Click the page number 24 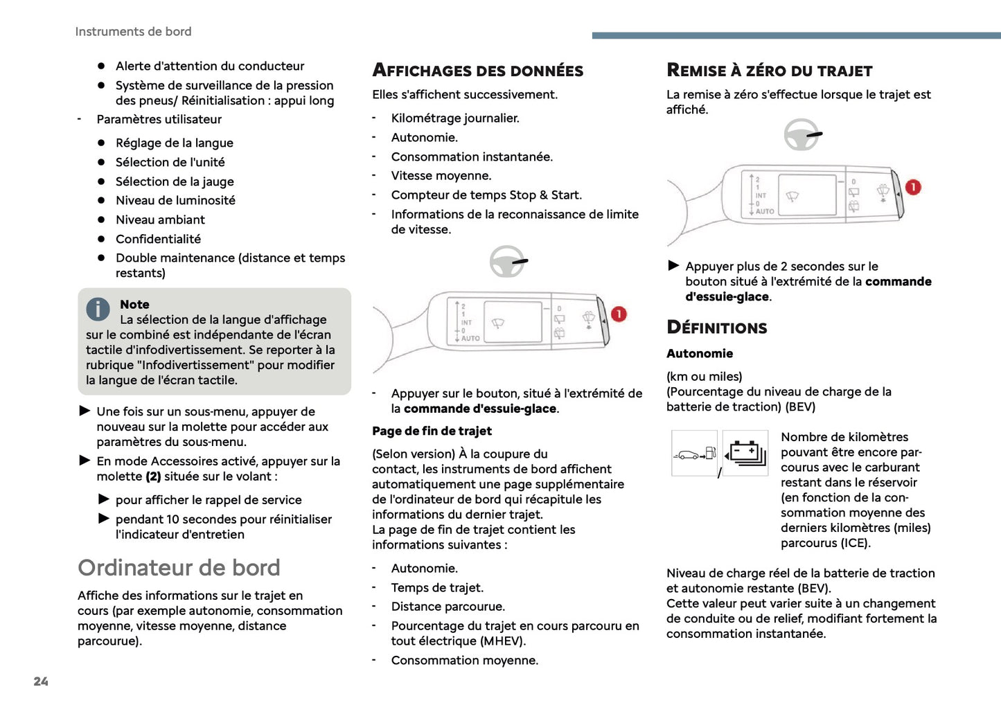(41, 681)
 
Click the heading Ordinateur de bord (179, 568)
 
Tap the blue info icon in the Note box (98, 309)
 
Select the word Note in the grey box (134, 305)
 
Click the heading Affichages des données (478, 71)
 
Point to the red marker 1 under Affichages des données (619, 314)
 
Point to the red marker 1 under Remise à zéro (913, 188)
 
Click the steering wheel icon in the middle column (508, 262)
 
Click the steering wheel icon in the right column (801, 134)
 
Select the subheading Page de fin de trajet (432, 431)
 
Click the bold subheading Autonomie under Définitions (700, 354)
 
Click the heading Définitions (717, 328)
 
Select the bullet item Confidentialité (158, 239)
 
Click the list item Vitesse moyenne (441, 176)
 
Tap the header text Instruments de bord (133, 32)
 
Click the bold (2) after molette (153, 476)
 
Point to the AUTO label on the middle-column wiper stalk (470, 339)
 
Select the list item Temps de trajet (437, 588)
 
